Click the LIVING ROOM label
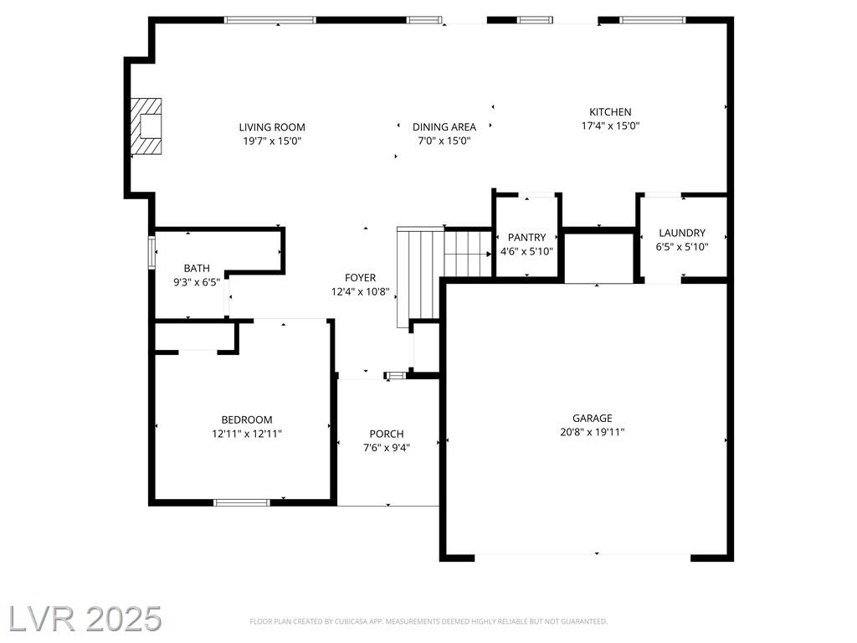click(x=272, y=127)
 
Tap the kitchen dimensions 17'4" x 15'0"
click(x=610, y=126)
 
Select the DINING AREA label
click(x=444, y=127)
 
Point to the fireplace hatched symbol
click(x=146, y=126)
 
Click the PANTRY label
click(x=526, y=237)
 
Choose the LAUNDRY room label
click(x=681, y=233)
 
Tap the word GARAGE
click(x=592, y=419)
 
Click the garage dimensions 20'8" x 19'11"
click(x=592, y=432)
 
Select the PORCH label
click(x=387, y=435)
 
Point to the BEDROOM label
click(x=247, y=420)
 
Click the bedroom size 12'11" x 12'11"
click(x=247, y=435)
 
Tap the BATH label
click(x=196, y=269)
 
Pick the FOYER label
click(x=360, y=278)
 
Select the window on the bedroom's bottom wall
click(x=241, y=502)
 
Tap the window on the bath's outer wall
click(x=152, y=252)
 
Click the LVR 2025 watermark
click(x=85, y=619)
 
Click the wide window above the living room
click(x=270, y=20)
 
